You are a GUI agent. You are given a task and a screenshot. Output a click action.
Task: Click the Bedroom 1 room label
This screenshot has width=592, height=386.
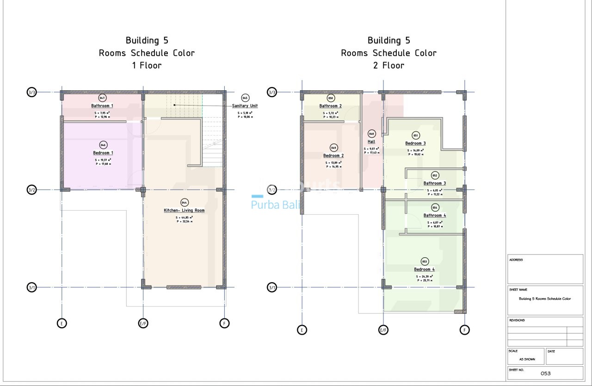tap(103, 153)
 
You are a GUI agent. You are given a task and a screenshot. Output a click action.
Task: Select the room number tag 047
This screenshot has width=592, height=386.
tap(103, 98)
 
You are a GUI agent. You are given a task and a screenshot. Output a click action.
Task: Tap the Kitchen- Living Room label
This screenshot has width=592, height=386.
tap(184, 210)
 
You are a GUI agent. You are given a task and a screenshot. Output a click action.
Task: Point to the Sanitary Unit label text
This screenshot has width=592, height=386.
tap(245, 106)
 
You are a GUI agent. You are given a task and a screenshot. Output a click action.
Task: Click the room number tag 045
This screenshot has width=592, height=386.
tap(245, 98)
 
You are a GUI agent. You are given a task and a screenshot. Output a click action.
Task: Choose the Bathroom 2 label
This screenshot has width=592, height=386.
tap(330, 106)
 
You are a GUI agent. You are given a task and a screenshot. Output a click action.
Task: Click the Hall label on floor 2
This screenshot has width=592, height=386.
tap(371, 142)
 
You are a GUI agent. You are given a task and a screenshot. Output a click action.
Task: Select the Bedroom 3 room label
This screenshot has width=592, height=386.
tap(415, 143)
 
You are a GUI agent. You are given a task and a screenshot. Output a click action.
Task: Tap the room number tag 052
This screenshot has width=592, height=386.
tap(435, 175)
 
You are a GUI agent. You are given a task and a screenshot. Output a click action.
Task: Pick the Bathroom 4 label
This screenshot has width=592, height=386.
tap(435, 215)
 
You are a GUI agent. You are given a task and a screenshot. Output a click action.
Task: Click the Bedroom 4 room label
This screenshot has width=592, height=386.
tap(424, 269)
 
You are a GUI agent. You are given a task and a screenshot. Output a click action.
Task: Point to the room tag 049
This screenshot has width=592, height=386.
tap(333, 148)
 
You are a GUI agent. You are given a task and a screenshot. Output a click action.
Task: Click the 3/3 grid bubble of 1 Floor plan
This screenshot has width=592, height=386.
tap(31, 93)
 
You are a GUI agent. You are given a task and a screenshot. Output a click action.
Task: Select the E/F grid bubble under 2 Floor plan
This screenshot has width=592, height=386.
tap(383, 330)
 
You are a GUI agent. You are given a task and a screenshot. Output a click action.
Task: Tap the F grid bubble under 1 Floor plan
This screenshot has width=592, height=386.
tap(224, 323)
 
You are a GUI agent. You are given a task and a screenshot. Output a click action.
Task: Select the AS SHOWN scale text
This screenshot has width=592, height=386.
tap(527, 359)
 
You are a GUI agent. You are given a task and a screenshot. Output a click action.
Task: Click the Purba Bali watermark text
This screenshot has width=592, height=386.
tap(274, 205)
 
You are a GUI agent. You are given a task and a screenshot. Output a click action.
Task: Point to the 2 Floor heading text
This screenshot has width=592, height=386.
tap(388, 66)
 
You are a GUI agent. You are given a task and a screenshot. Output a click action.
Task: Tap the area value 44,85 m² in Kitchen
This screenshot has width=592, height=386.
tap(184, 217)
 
